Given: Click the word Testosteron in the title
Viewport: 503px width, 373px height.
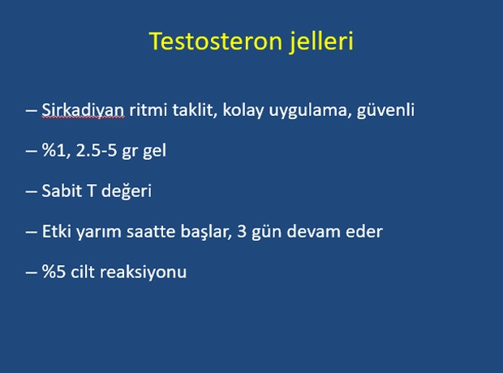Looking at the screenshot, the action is (216, 41).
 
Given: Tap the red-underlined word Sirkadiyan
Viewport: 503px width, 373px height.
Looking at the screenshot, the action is (83, 110).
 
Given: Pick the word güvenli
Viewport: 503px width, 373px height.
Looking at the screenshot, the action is (385, 110).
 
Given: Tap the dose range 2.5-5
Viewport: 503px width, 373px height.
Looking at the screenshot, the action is (97, 151).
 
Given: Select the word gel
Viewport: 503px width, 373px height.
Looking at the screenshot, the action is (154, 151).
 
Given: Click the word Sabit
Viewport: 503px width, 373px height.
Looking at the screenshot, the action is (62, 191).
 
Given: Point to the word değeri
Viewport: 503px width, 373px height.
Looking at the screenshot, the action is (127, 191).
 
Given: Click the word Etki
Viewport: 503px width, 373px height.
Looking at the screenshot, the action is (57, 231).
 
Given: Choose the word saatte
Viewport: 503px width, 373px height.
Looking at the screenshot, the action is (151, 232).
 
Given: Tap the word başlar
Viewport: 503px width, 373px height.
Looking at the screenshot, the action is (206, 232).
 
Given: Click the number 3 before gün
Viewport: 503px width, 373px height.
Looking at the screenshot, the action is (242, 232).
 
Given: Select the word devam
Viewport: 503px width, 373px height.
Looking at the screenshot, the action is (313, 232).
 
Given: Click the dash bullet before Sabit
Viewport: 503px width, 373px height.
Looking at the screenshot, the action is (31, 191).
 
